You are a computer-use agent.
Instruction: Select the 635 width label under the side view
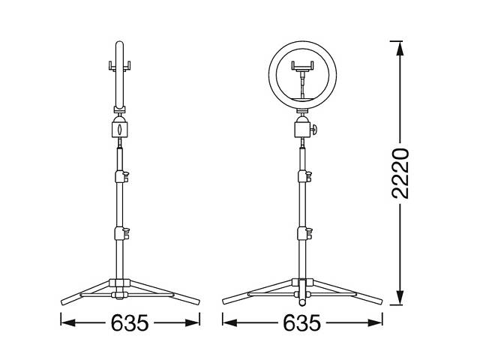pos(130,323)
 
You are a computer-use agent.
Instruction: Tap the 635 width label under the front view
pos(302,323)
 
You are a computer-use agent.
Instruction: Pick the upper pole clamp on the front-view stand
pos(304,176)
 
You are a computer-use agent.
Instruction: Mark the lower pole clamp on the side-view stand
pos(121,232)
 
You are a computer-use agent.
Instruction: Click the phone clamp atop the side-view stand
pos(120,67)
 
